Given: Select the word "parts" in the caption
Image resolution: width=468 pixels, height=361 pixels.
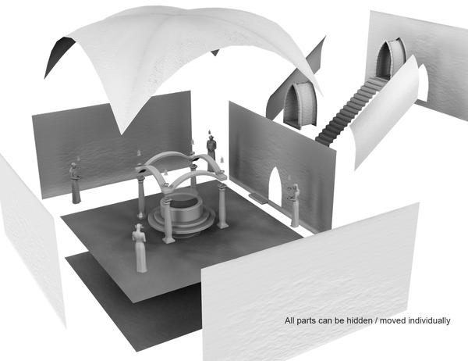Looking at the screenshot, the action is pyautogui.click(x=305, y=321).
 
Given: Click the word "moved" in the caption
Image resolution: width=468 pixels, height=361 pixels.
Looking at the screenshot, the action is pyautogui.click(x=392, y=321).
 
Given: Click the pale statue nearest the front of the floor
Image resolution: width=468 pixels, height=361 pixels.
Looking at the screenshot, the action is pyautogui.click(x=140, y=248).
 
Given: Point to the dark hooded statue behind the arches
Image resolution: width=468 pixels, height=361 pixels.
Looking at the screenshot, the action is pyautogui.click(x=211, y=152).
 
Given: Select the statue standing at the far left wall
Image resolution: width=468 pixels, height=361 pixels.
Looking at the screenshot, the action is pyautogui.click(x=75, y=183).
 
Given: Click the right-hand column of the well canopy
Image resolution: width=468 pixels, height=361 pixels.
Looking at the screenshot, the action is pyautogui.click(x=222, y=206).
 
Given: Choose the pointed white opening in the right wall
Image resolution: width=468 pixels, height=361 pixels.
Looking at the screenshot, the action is pyautogui.click(x=275, y=187).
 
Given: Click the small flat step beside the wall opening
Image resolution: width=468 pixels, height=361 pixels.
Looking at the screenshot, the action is pyautogui.click(x=257, y=198).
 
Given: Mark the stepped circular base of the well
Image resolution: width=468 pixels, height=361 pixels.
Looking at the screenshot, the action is pyautogui.click(x=181, y=220).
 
